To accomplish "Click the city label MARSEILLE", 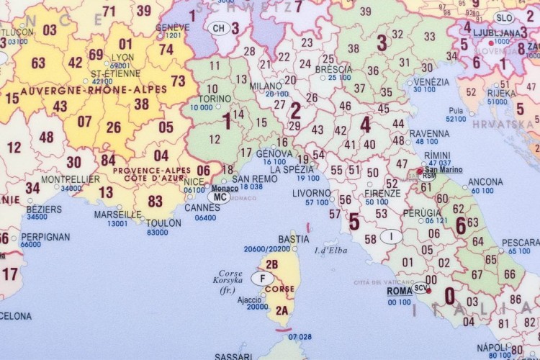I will (x=118, y=214).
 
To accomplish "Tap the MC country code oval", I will (x=220, y=195).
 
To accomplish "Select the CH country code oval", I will (x=217, y=28).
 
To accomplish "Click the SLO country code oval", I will (x=504, y=19).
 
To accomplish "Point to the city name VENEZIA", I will (x=432, y=82).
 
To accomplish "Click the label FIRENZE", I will (x=382, y=194).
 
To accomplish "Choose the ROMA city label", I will (x=400, y=292).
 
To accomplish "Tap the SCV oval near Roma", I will (x=421, y=289).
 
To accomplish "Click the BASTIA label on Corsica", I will (x=294, y=239).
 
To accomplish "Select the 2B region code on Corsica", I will (x=271, y=264).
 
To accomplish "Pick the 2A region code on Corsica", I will (x=282, y=310).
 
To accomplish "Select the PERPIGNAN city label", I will (x=45, y=236).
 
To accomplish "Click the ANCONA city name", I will (x=485, y=182).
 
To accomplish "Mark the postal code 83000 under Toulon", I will (x=157, y=233).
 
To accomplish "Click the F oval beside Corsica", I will (x=262, y=278).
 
